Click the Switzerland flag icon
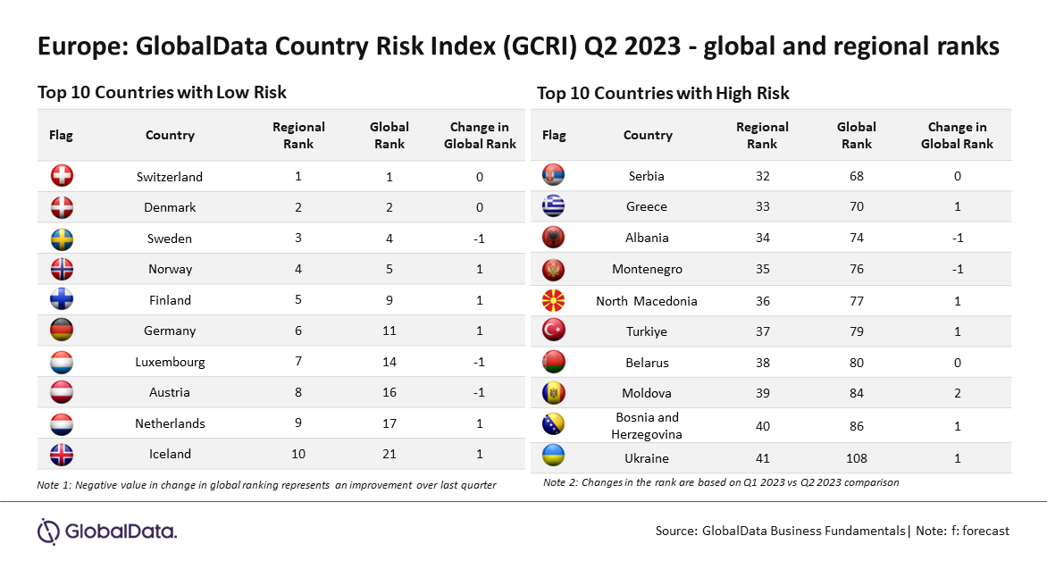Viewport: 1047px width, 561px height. [63, 176]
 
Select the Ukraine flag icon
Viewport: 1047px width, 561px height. [554, 456]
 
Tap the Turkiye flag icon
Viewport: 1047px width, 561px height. [554, 330]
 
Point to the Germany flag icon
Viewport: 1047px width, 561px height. [63, 330]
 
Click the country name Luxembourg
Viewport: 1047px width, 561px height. [170, 362]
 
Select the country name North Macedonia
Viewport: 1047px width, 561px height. [647, 301]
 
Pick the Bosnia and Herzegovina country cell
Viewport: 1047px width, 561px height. [647, 426]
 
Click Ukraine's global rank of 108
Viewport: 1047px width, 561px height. [856, 459]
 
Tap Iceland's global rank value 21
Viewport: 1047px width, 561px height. [389, 454]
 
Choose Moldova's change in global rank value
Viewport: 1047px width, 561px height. [958, 393]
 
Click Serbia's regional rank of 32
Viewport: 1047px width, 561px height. [763, 176]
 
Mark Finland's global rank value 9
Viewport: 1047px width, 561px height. [389, 300]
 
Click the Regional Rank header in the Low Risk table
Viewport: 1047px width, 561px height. [298, 136]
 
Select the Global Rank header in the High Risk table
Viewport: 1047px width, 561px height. [856, 136]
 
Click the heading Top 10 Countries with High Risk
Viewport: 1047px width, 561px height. [663, 94]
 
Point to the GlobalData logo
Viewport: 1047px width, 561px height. [107, 532]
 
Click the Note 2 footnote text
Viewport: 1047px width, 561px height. [721, 482]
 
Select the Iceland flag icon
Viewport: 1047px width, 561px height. [63, 454]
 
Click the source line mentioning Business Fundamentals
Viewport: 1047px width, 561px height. [832, 531]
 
